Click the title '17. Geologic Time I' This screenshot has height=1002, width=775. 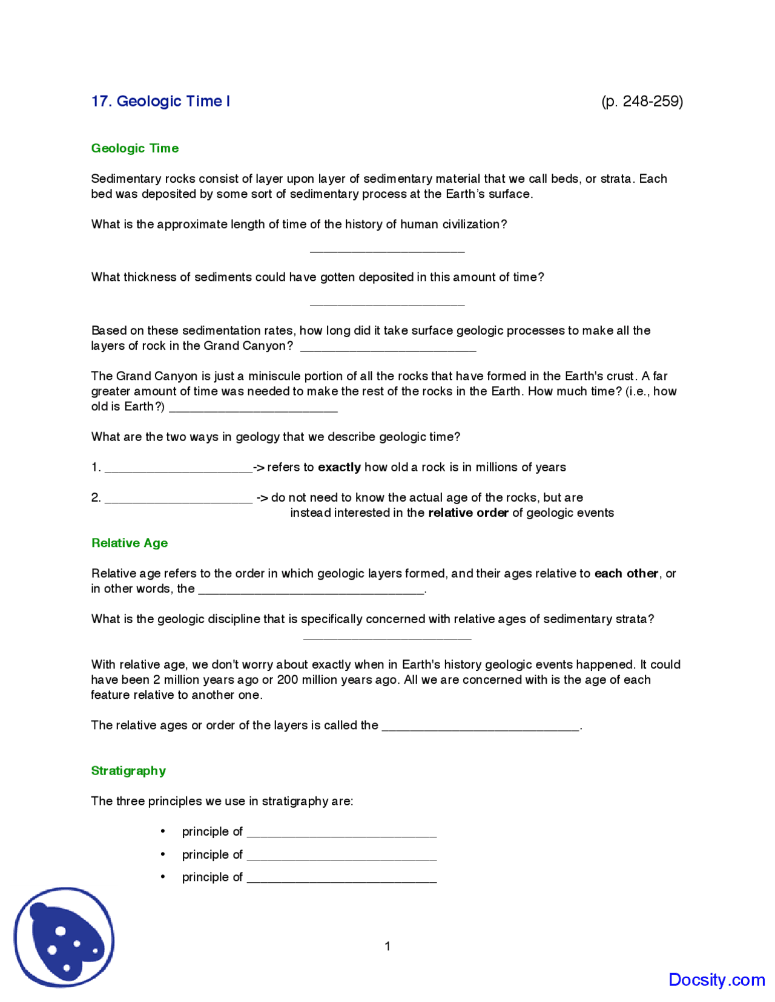click(160, 101)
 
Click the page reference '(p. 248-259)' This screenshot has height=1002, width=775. click(642, 101)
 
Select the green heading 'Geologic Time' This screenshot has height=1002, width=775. click(135, 148)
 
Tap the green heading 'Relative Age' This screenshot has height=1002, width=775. click(130, 543)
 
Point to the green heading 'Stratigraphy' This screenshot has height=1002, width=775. click(128, 770)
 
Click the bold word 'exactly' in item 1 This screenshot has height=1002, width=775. click(339, 467)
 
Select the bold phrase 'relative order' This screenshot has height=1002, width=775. click(468, 512)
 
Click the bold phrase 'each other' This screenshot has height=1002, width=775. click(626, 573)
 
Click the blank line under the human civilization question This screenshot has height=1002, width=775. click(387, 249)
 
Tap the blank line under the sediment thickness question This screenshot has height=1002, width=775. click(387, 302)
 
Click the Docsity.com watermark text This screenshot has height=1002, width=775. click(716, 980)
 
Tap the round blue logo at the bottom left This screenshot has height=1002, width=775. click(64, 937)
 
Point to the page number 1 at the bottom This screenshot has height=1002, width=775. click(387, 946)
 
